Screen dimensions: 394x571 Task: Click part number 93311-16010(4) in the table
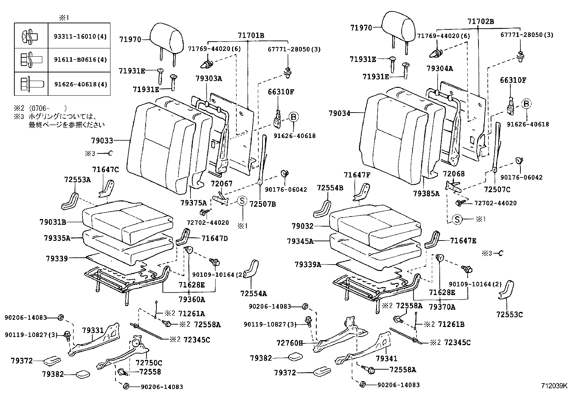pyautogui.click(x=80, y=37)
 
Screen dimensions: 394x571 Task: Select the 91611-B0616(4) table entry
pyautogui.click(x=80, y=60)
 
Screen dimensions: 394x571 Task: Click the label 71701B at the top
pyautogui.click(x=251, y=35)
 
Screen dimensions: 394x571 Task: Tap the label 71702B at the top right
pyautogui.click(x=481, y=22)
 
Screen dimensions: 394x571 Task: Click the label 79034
pyautogui.click(x=339, y=113)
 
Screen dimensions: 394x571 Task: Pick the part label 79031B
pyautogui.click(x=53, y=222)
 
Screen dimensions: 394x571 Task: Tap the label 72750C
pyautogui.click(x=149, y=362)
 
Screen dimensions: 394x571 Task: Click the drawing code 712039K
pyautogui.click(x=554, y=386)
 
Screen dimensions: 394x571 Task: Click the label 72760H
pyautogui.click(x=290, y=343)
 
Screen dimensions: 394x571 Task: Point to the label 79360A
pyautogui.click(x=192, y=299)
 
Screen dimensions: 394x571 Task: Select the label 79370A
pyautogui.click(x=442, y=307)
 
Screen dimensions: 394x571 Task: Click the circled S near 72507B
pyautogui.click(x=242, y=201)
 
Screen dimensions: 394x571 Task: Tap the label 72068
pyautogui.click(x=453, y=174)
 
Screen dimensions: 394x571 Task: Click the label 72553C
pyautogui.click(x=509, y=314)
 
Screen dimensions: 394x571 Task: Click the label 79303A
pyautogui.click(x=209, y=79)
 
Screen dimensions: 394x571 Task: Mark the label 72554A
pyautogui.click(x=254, y=294)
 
